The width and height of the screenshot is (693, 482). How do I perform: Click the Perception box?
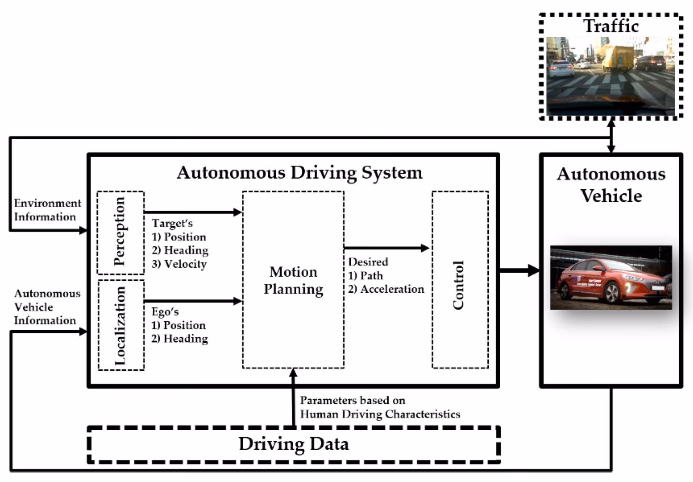(x=120, y=233)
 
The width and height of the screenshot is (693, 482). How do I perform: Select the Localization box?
(x=121, y=325)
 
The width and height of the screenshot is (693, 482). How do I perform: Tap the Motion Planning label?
(x=293, y=280)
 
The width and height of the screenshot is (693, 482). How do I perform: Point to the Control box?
(x=460, y=280)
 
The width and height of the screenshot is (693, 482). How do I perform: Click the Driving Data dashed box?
(x=293, y=444)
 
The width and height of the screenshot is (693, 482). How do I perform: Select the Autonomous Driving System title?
(x=299, y=172)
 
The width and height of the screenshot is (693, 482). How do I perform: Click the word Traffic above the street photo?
(x=611, y=26)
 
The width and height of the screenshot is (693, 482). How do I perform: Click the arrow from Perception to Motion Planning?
(x=193, y=212)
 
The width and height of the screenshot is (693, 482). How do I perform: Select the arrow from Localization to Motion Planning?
(x=193, y=301)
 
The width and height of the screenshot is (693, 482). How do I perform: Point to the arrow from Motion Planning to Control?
(x=386, y=248)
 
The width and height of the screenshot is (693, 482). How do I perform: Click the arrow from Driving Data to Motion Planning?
(x=293, y=397)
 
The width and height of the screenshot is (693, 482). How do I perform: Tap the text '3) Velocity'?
(x=179, y=264)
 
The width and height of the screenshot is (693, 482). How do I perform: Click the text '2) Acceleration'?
(x=386, y=289)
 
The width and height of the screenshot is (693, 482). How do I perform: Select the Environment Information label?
(x=47, y=210)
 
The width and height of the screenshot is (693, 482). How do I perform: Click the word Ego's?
(x=165, y=312)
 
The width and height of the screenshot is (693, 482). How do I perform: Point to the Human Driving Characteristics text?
(x=380, y=414)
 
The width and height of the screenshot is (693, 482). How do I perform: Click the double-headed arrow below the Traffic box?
(x=611, y=136)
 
